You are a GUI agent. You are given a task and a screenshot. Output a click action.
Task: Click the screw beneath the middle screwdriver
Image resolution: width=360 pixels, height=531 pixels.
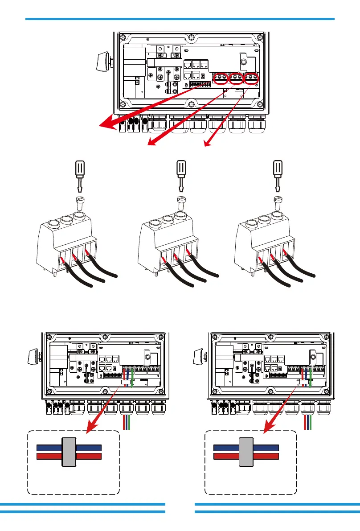point(181,202)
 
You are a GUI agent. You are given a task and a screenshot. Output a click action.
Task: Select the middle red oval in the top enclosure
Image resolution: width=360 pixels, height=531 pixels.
point(235,78)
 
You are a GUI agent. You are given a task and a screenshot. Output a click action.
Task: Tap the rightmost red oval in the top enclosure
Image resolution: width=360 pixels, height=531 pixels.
point(252,78)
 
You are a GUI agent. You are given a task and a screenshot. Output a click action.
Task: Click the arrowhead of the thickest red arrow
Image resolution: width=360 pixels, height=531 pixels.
point(105,126)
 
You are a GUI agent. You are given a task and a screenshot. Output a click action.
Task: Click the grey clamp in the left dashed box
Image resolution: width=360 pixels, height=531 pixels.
point(69,453)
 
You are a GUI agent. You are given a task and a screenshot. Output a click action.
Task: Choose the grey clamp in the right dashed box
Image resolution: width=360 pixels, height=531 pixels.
point(246,453)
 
